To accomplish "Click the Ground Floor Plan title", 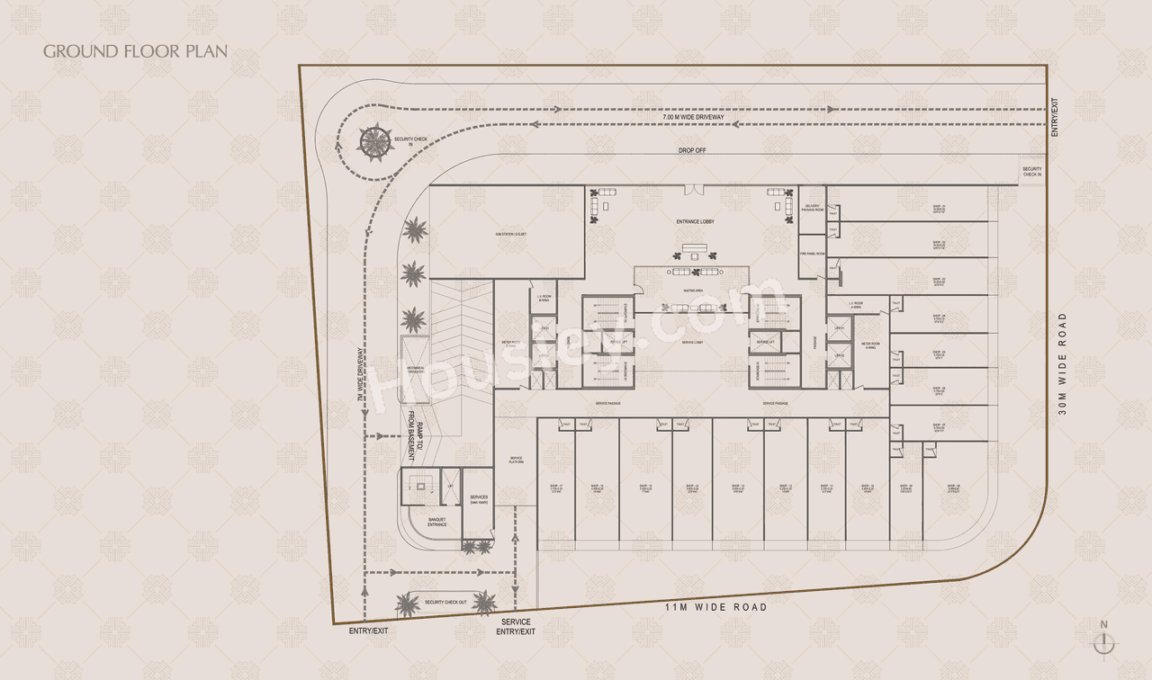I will click(136, 50).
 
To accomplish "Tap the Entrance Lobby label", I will click(695, 221).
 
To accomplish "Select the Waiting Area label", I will click(693, 291).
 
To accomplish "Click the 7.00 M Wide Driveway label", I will click(693, 118).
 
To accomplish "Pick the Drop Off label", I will click(692, 150).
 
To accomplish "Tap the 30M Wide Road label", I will click(1063, 364).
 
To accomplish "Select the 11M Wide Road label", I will click(715, 607).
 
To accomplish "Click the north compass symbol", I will click(1104, 641).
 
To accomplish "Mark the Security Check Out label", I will click(445, 603).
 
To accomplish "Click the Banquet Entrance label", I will click(436, 522).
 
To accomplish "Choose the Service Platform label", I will click(517, 460).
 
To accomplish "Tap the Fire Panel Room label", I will click(813, 254).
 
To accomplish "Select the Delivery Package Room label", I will click(813, 209).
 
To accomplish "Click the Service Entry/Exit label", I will click(516, 627).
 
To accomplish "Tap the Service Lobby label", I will click(692, 344).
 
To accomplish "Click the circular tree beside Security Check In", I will click(372, 140).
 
